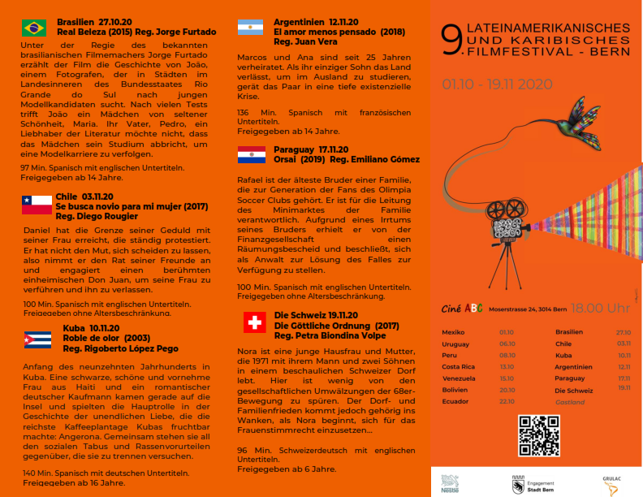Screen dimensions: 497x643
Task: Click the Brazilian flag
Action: coord(34,28)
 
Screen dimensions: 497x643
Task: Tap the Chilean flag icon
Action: coord(37,205)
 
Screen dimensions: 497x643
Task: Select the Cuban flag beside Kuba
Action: coord(37,339)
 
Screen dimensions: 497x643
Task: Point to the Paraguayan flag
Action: coord(252,154)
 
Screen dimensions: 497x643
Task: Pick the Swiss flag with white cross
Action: coord(254,322)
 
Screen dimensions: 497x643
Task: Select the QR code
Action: coord(539,435)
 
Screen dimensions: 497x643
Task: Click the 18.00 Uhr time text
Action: coord(600,308)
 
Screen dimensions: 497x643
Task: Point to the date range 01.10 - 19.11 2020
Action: coord(498,84)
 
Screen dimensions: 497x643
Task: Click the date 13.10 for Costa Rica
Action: coord(507,367)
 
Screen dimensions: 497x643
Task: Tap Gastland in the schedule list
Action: coord(570,402)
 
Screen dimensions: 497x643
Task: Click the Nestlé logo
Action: coord(450,482)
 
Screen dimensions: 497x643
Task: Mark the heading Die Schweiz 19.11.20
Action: coord(313,313)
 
